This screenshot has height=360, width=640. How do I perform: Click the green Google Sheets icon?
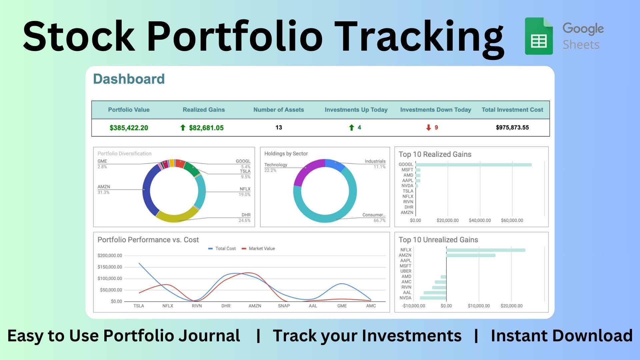pyautogui.click(x=539, y=36)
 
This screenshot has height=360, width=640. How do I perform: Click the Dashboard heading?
pyautogui.click(x=129, y=79)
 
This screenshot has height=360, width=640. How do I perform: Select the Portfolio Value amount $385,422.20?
pyautogui.click(x=129, y=128)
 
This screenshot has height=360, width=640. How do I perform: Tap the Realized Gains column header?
pyautogui.click(x=204, y=110)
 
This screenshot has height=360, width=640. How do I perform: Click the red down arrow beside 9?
pyautogui.click(x=429, y=127)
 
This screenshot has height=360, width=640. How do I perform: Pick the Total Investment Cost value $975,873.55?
pyautogui.click(x=512, y=127)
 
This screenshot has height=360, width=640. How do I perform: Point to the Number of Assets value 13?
pyautogui.click(x=279, y=127)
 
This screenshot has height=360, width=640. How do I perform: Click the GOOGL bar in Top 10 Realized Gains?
pyautogui.click(x=473, y=165)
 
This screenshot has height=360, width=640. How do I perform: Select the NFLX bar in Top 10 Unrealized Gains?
pyautogui.click(x=486, y=250)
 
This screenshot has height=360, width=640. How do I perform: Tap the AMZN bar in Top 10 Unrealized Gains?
pyautogui.click(x=471, y=255)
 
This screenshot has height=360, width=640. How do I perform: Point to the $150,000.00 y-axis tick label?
pyautogui.click(x=110, y=267)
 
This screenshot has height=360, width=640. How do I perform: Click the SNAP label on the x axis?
pyautogui.click(x=284, y=306)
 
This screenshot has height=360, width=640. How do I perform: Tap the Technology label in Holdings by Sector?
pyautogui.click(x=276, y=165)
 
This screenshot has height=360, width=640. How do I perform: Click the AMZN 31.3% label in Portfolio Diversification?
pyautogui.click(x=104, y=189)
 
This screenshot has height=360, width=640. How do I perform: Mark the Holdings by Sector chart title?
pyautogui.click(x=286, y=154)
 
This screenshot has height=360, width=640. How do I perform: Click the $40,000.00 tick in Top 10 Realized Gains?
pyautogui.click(x=480, y=220)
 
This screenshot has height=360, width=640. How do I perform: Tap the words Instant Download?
pyautogui.click(x=562, y=336)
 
